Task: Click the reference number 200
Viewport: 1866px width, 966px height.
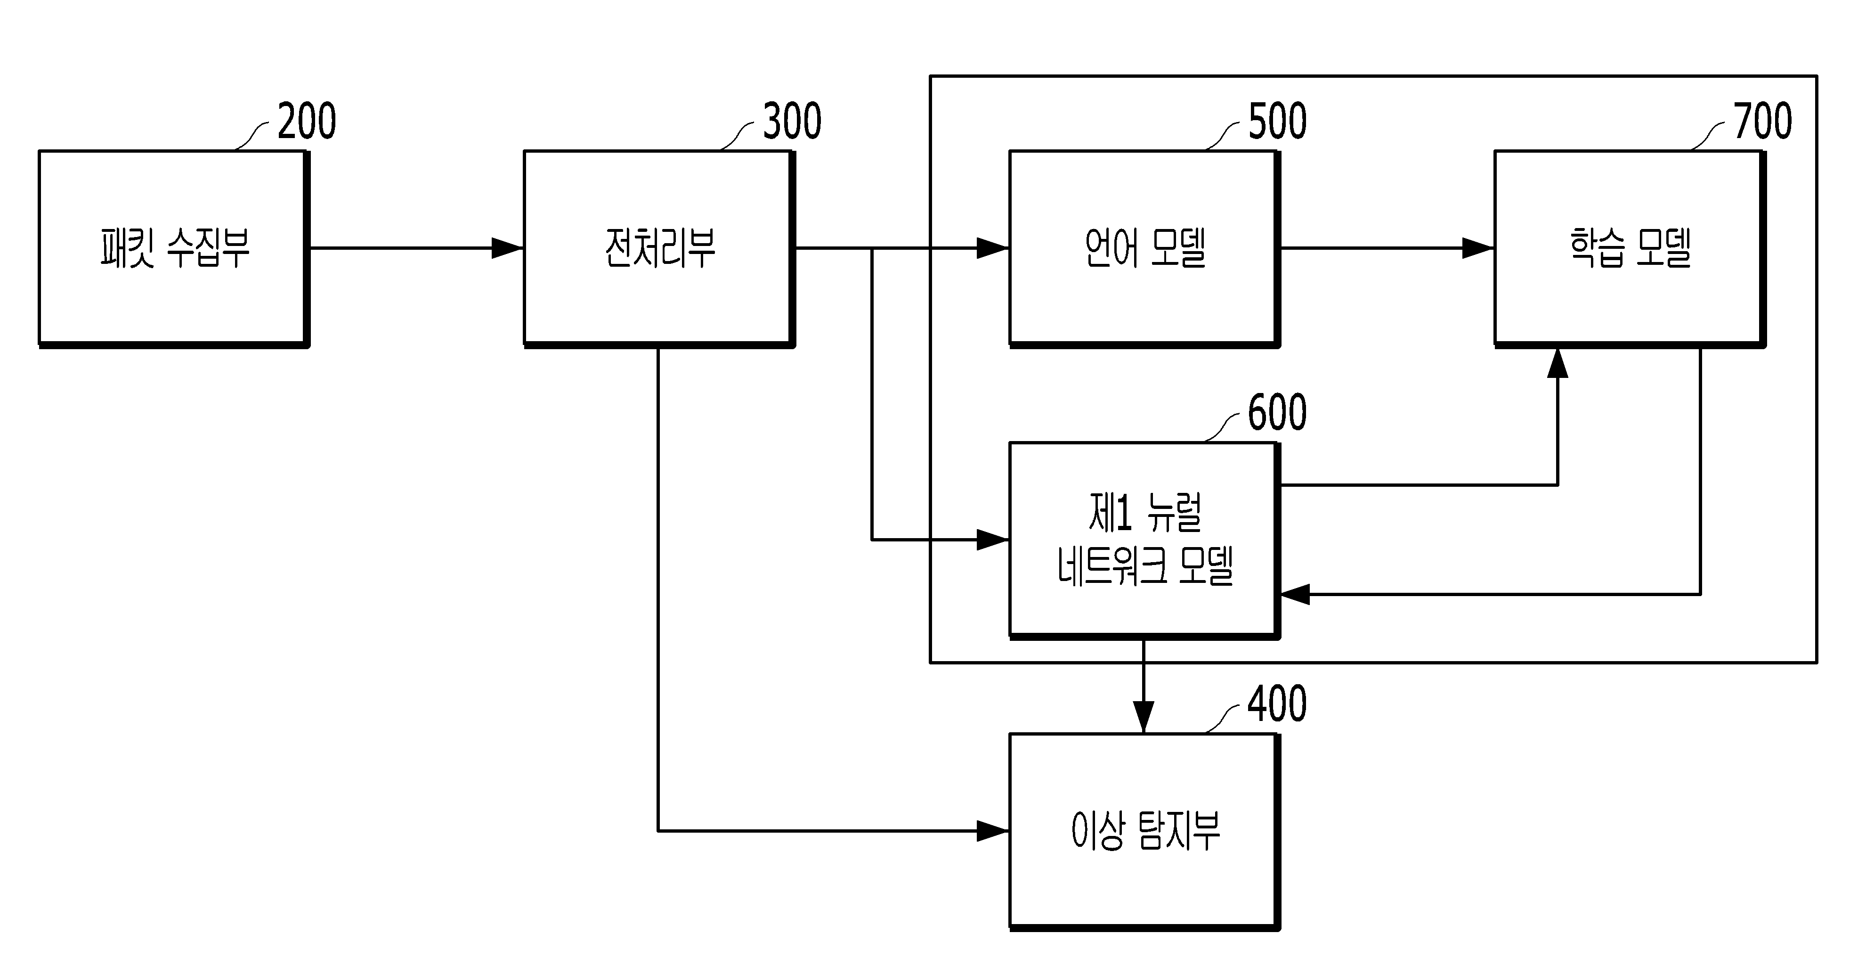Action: pos(307,121)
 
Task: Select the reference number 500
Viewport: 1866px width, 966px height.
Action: pos(1278,121)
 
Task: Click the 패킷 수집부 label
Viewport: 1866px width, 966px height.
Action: pos(175,248)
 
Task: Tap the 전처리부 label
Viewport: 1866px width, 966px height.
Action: pos(660,248)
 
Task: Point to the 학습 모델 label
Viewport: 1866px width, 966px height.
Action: pos(1631,248)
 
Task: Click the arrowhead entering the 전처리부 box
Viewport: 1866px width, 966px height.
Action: pos(508,248)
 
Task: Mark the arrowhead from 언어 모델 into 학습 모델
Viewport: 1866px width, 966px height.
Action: pos(1478,248)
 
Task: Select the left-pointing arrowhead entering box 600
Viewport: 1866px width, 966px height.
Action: pos(1296,594)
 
